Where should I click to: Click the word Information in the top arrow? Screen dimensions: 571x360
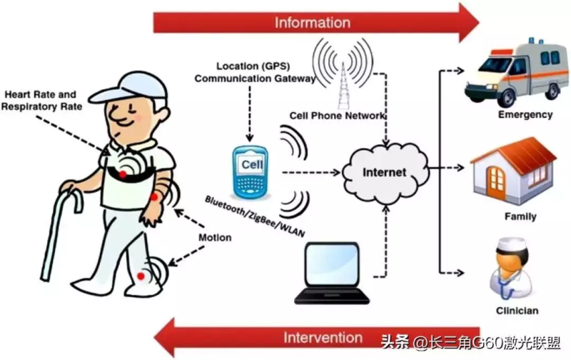click(x=313, y=23)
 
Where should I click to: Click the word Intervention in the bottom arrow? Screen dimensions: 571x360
click(x=323, y=338)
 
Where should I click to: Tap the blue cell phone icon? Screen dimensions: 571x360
click(x=251, y=172)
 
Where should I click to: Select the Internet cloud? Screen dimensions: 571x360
click(x=385, y=173)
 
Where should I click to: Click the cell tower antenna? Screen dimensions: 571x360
click(x=343, y=85)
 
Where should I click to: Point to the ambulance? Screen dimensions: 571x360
click(x=517, y=71)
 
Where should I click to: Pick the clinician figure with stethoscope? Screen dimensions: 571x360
click(x=511, y=269)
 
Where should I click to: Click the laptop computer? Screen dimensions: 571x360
click(x=332, y=273)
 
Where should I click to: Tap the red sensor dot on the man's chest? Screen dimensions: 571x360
click(x=123, y=174)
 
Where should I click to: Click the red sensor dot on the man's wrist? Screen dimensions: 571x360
click(x=154, y=197)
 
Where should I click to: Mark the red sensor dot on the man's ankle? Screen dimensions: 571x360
click(x=141, y=276)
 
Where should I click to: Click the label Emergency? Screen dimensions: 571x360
click(x=525, y=115)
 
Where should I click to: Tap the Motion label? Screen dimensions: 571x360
click(x=215, y=238)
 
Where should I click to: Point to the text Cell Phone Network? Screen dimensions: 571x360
click(x=337, y=116)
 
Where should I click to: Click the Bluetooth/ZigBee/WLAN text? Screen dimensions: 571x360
click(x=255, y=216)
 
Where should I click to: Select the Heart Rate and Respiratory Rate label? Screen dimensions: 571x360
click(x=41, y=101)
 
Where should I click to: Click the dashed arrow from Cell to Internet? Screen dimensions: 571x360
click(x=312, y=172)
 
